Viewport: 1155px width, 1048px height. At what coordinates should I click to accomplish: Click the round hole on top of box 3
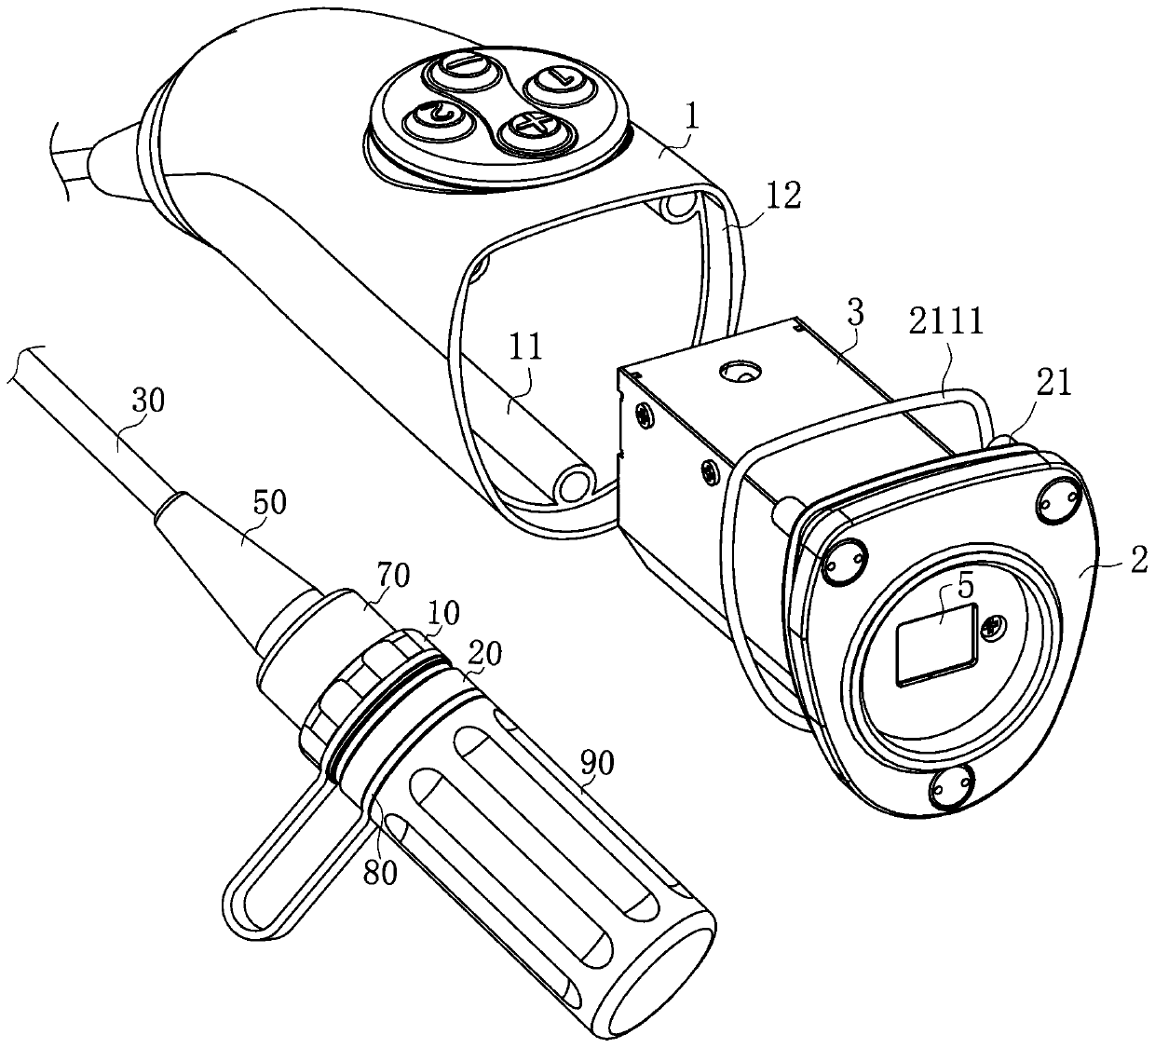[x=740, y=373]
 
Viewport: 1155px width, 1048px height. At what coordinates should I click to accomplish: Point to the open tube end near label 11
[x=575, y=483]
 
